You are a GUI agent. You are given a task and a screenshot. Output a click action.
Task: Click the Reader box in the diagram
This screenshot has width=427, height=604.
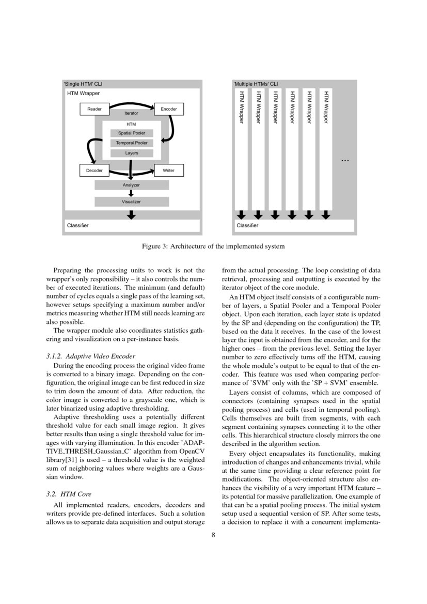tap(94, 109)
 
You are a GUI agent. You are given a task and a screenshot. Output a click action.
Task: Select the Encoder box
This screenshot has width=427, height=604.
tap(169, 109)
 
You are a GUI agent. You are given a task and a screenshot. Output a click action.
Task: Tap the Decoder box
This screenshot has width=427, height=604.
tap(94, 170)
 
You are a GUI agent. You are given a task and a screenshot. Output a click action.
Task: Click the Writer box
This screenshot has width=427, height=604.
tap(169, 170)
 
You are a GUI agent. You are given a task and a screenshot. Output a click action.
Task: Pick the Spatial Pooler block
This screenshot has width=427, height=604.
tap(132, 133)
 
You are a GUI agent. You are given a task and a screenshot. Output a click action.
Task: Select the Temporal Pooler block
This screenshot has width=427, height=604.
tap(132, 143)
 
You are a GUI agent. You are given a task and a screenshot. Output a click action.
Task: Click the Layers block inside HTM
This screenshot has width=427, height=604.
tap(132, 153)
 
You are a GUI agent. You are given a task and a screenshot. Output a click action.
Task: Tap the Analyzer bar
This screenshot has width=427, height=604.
tap(131, 185)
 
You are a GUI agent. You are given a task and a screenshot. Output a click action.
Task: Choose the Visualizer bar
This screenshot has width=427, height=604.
tap(131, 202)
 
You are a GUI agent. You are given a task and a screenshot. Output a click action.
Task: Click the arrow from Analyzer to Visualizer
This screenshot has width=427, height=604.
tap(131, 193)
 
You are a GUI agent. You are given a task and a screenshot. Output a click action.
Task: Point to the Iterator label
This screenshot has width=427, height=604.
tap(131, 113)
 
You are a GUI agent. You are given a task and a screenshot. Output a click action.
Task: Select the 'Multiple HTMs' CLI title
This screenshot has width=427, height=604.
tap(255, 83)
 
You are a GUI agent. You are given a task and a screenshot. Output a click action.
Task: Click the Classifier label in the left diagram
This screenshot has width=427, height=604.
tap(77, 226)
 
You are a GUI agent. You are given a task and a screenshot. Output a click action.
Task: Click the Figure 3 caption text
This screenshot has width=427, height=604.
tap(213, 246)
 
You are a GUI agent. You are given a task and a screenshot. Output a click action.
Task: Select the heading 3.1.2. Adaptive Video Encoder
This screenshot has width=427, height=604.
tap(90, 357)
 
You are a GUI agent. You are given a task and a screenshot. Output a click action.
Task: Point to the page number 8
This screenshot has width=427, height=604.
tap(213, 535)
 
